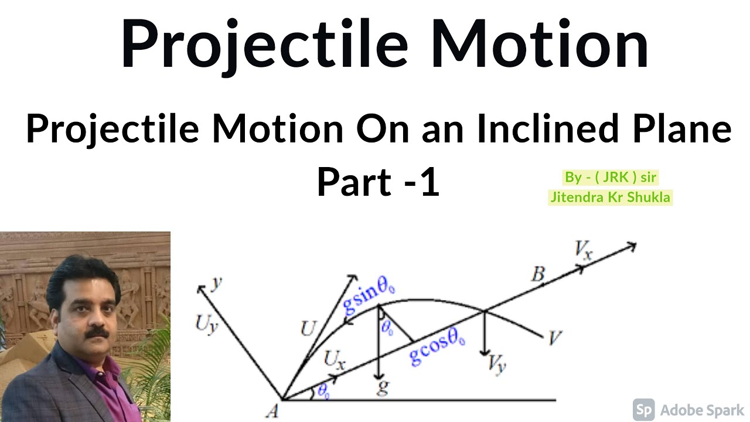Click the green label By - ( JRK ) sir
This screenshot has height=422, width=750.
click(609, 177)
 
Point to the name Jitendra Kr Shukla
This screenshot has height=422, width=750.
click(609, 197)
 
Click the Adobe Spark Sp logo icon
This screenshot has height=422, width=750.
click(644, 409)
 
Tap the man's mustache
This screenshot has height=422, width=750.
click(94, 334)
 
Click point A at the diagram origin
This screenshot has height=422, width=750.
click(272, 411)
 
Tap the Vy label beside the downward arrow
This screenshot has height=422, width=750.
click(497, 365)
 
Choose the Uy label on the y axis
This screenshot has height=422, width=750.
click(207, 324)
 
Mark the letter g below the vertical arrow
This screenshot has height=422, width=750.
click(383, 388)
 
